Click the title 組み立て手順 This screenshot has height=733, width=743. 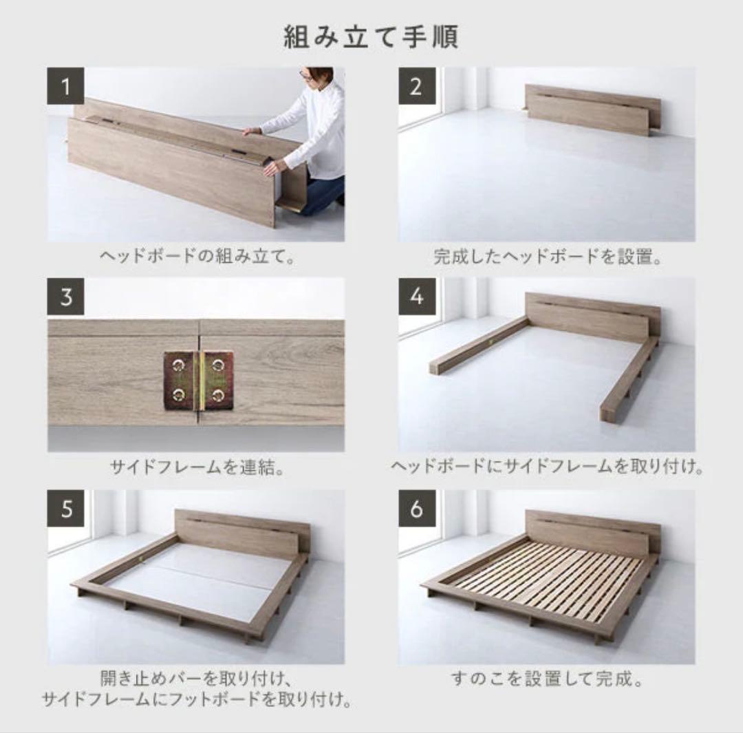click(x=371, y=37)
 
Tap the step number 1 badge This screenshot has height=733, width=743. click(x=65, y=86)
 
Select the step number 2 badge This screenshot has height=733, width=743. click(x=416, y=86)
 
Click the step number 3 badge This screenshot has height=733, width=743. click(x=65, y=297)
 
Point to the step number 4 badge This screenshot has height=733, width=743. click(x=416, y=297)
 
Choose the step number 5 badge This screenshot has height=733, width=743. click(x=65, y=508)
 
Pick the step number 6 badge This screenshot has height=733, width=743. click(x=416, y=508)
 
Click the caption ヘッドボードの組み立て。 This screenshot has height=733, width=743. click(x=197, y=257)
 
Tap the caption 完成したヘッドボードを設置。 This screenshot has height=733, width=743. click(x=548, y=257)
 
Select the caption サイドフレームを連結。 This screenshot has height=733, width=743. click(x=197, y=467)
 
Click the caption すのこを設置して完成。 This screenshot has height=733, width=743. click(x=547, y=679)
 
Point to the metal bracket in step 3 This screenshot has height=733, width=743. click(x=199, y=380)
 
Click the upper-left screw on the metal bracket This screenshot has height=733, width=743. click(x=179, y=364)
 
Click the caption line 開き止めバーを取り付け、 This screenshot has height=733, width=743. click(x=195, y=679)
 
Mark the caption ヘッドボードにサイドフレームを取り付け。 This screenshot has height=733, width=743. click(x=547, y=467)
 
